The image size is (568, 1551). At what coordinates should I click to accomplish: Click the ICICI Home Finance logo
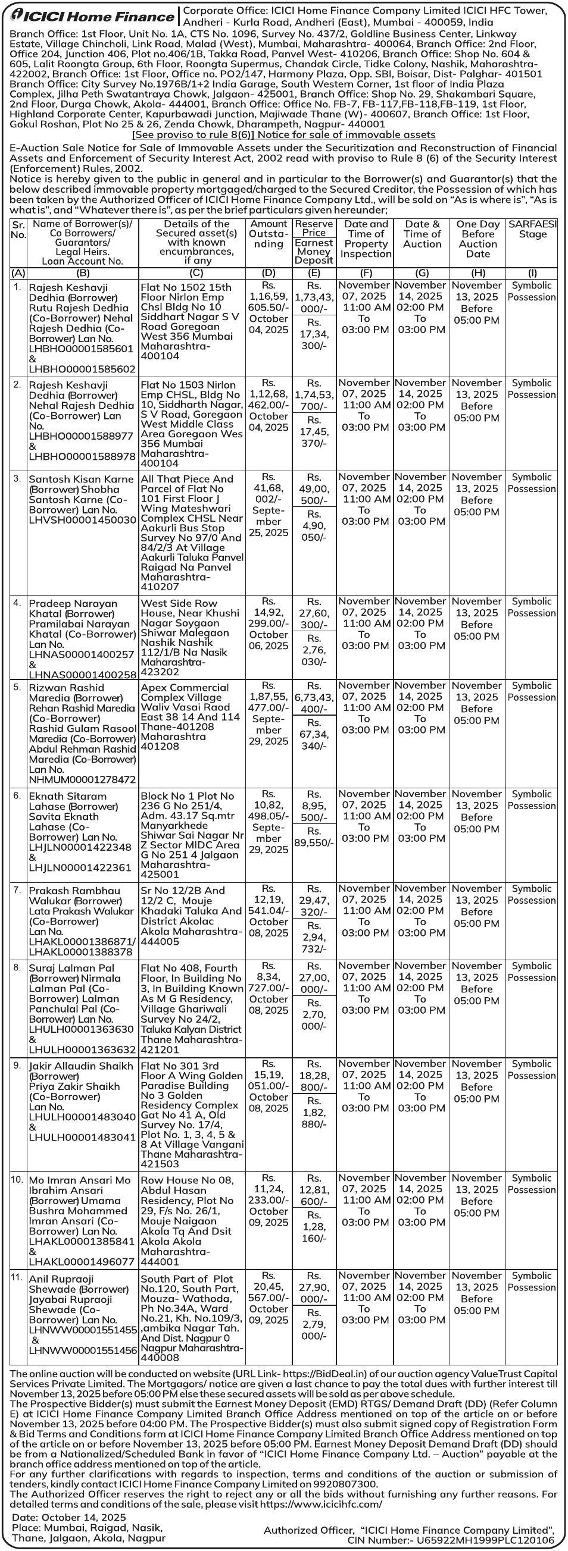90,15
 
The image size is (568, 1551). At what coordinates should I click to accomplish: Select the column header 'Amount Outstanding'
268,234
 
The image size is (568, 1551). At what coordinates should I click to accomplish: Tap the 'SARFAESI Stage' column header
532,229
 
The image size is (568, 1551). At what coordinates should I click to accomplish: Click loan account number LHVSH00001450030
83,519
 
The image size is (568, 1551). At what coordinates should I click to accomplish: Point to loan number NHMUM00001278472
83,779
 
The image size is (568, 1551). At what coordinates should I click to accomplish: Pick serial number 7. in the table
17,890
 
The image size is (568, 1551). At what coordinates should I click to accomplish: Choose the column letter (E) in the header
314,272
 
